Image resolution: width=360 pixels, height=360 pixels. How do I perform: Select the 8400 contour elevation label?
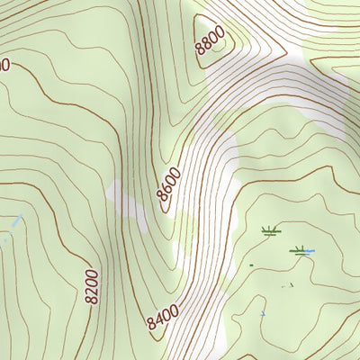(163, 317)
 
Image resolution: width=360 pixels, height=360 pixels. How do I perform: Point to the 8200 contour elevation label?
(91, 285)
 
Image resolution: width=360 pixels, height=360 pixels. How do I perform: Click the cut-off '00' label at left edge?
(4, 65)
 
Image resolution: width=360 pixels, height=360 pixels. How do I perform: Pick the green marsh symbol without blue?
(270, 232)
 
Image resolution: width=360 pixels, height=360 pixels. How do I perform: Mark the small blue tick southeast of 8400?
(263, 313)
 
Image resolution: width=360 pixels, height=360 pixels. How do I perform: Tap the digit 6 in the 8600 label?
(166, 193)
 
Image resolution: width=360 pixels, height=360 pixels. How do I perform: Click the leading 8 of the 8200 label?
(92, 299)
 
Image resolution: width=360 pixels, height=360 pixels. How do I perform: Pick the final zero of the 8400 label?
(174, 309)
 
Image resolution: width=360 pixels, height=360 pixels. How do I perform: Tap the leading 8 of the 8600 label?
(160, 201)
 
